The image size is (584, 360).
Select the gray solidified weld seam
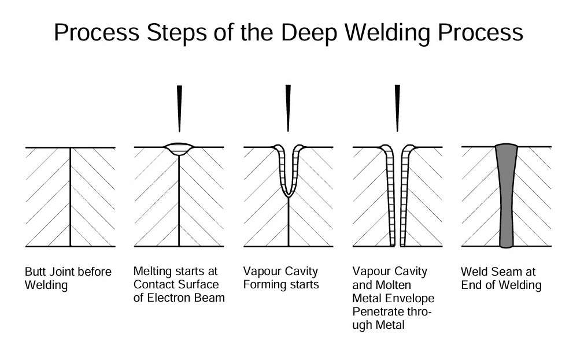506,196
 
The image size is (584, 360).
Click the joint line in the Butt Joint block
71,196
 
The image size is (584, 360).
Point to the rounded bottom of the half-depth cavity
288,193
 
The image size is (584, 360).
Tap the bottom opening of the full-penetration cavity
397,245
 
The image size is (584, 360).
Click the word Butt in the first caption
34,271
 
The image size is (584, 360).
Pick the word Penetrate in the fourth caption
375,311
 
